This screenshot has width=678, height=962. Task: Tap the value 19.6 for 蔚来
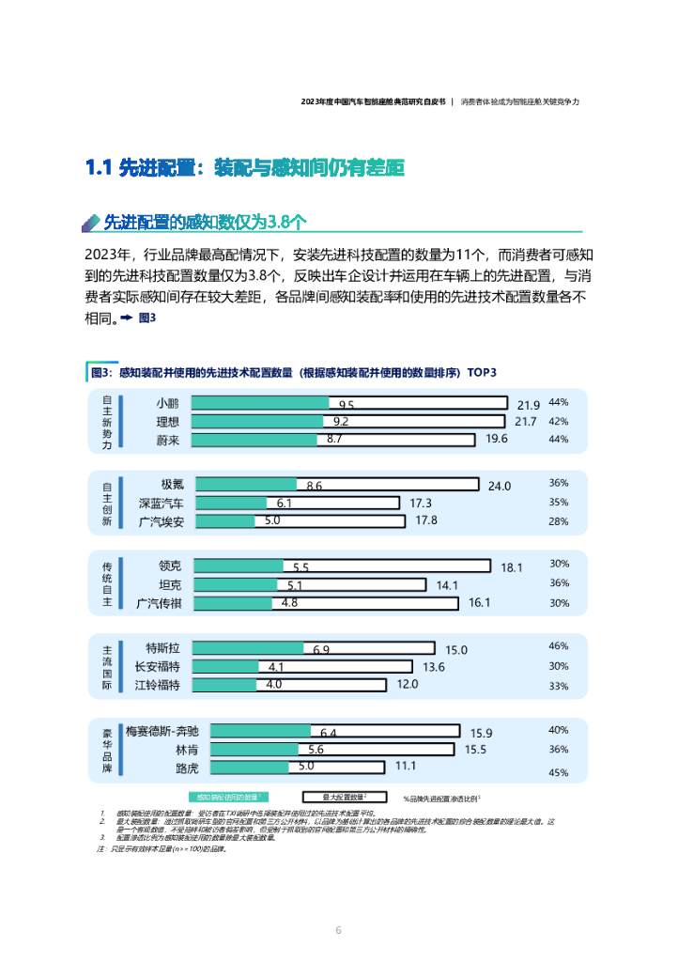click(x=497, y=439)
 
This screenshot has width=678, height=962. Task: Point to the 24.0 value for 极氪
click(x=500, y=486)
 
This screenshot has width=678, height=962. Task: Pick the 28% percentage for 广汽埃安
click(x=559, y=521)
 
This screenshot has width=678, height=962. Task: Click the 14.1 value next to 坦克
click(x=447, y=585)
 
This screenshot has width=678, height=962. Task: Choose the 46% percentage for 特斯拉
click(x=559, y=646)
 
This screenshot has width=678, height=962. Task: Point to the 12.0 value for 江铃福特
click(x=408, y=685)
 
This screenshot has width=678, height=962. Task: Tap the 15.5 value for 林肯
click(x=475, y=750)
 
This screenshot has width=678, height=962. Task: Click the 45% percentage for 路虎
click(x=559, y=773)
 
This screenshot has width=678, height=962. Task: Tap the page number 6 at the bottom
click(x=338, y=930)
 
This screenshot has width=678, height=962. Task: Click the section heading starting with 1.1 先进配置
click(x=244, y=168)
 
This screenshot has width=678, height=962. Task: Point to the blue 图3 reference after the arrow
click(x=146, y=318)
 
